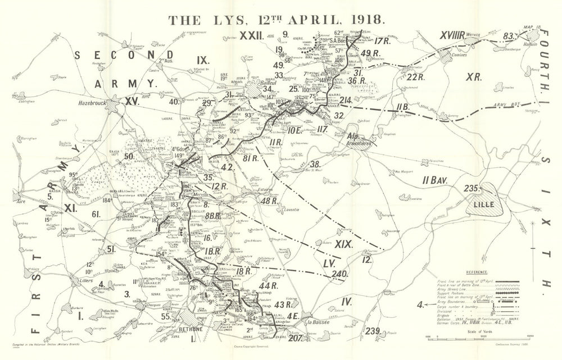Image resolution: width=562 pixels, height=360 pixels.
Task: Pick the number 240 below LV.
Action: (339, 274)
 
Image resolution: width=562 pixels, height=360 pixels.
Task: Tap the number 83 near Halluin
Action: (509, 35)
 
